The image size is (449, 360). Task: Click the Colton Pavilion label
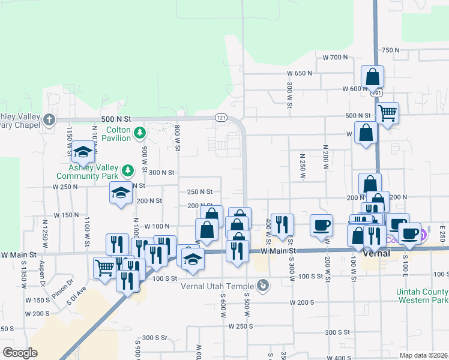(x=118, y=134)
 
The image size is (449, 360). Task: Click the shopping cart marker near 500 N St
(x=388, y=112)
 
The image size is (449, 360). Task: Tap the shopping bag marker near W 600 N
(x=372, y=77)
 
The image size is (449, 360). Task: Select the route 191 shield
(x=377, y=94)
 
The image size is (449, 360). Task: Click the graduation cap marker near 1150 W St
(x=83, y=151)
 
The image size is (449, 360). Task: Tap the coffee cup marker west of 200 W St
(x=321, y=225)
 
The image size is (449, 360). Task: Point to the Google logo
(x=20, y=353)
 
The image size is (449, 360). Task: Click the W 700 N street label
(x=335, y=58)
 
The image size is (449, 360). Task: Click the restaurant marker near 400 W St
(x=282, y=224)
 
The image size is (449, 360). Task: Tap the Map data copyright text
(x=423, y=355)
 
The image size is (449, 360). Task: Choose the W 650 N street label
(x=300, y=73)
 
